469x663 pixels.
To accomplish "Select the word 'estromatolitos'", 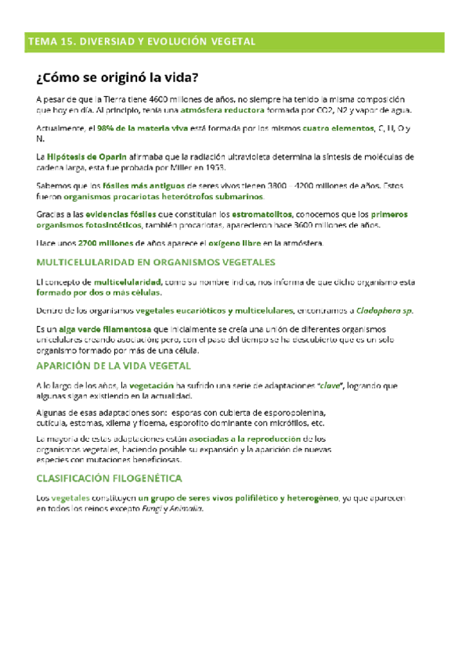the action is pos(260,214).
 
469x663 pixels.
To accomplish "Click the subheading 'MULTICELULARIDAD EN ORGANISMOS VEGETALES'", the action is pos(151,262).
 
